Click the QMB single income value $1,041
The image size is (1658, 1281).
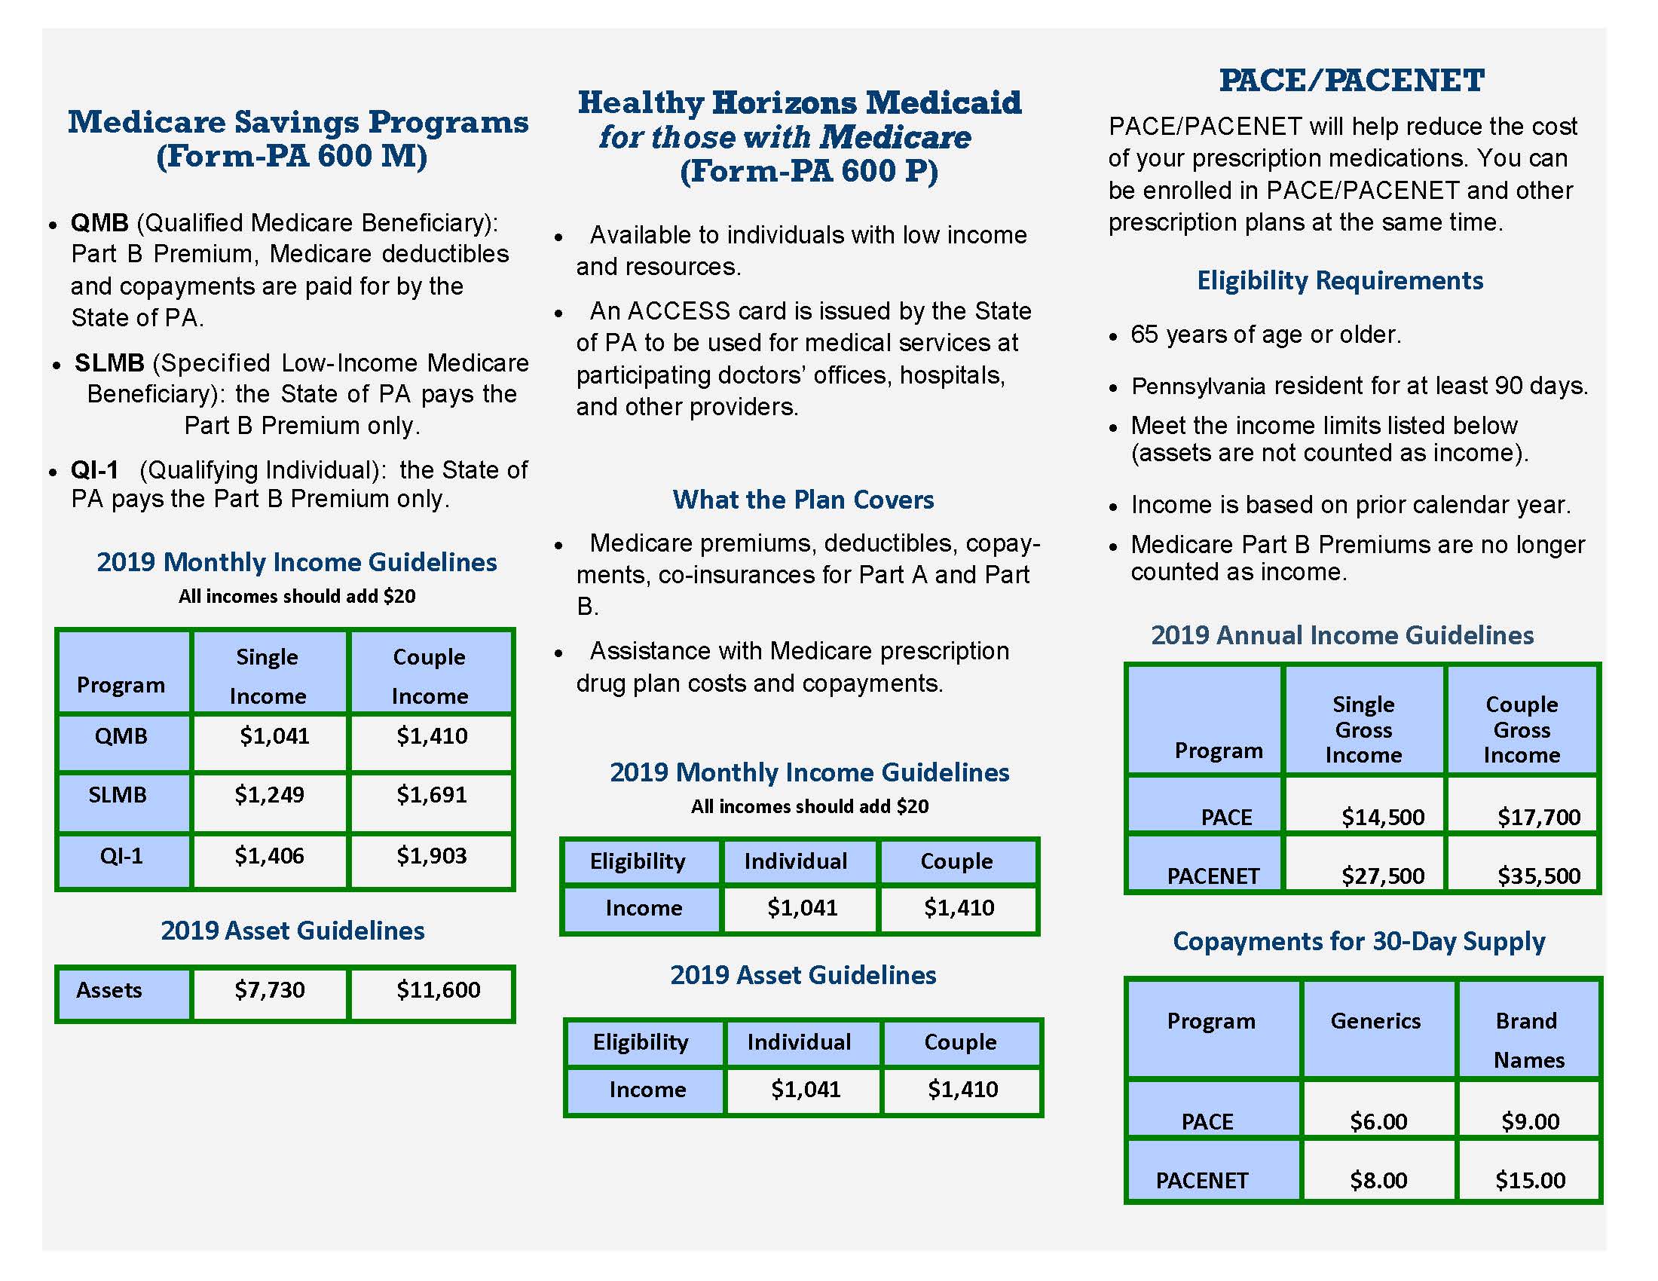tap(274, 736)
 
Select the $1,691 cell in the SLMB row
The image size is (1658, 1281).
tap(431, 795)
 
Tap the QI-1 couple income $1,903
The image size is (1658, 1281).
tap(431, 856)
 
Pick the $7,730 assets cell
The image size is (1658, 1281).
tap(270, 990)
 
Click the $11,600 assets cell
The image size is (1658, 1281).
tap(438, 990)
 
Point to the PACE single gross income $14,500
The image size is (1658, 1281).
tap(1382, 817)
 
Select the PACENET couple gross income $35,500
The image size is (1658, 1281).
tap(1538, 876)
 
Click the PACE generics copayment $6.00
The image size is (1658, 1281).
tap(1378, 1122)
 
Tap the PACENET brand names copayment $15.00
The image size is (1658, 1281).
tap(1530, 1181)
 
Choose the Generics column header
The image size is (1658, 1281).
tap(1375, 1022)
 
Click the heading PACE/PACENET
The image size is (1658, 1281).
tap(1351, 81)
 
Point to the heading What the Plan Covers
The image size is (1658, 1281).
tap(803, 500)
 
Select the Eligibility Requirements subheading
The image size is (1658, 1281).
tap(1339, 281)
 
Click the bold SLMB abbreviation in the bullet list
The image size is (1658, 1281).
tap(109, 362)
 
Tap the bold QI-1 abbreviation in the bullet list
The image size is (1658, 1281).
tap(95, 470)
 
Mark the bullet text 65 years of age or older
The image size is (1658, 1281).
tap(1265, 335)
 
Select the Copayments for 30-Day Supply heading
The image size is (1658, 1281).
tap(1358, 941)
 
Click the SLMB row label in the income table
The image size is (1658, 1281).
tap(118, 795)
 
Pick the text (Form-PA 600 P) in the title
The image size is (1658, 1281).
tap(809, 172)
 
